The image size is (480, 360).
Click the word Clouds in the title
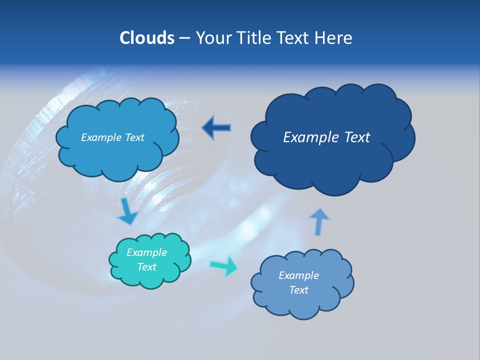click(x=146, y=38)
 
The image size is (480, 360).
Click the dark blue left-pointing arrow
click(x=216, y=128)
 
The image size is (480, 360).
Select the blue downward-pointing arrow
click(x=127, y=211)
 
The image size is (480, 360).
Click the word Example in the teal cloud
click(x=146, y=252)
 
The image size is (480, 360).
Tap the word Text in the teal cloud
click(x=146, y=267)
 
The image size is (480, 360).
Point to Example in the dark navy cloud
click(x=307, y=137)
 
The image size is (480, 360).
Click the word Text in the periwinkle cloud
click(x=298, y=290)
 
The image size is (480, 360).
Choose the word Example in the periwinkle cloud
click(x=298, y=275)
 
